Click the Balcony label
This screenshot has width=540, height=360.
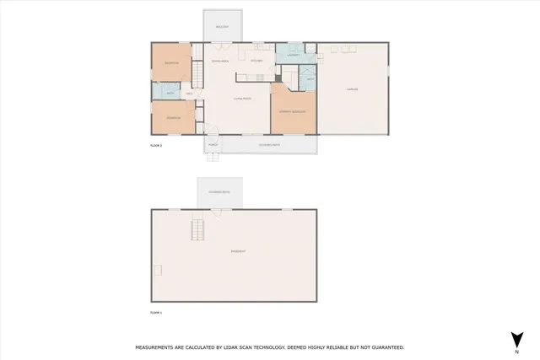[222, 27]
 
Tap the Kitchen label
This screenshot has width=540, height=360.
[257, 61]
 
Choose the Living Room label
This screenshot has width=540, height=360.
[242, 99]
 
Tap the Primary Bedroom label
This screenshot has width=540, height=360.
[293, 112]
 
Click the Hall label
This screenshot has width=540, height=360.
[189, 94]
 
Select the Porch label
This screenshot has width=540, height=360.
[213, 145]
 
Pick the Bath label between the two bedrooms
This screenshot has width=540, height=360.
[170, 94]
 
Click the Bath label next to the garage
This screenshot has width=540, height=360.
[310, 79]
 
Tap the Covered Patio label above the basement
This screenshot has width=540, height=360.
[219, 193]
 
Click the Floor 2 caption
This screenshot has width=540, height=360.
[155, 146]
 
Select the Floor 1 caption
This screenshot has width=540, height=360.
[155, 313]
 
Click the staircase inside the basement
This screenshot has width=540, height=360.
[198, 228]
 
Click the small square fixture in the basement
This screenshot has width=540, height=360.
[158, 269]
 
